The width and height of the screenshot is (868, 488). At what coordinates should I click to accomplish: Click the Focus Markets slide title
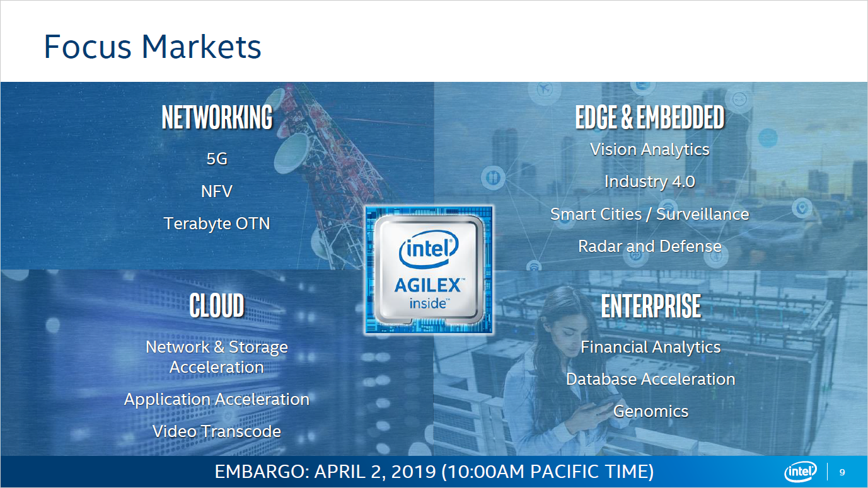pyautogui.click(x=152, y=47)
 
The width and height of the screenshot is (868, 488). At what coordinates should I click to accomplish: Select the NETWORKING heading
pyautogui.click(x=217, y=118)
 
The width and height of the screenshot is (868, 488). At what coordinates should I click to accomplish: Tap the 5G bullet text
pyautogui.click(x=217, y=159)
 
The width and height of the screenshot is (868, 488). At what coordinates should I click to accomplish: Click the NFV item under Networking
pyautogui.click(x=217, y=191)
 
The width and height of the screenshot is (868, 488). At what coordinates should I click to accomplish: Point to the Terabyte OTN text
pyautogui.click(x=217, y=224)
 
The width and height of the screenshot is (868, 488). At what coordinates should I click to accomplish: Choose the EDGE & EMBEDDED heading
pyautogui.click(x=650, y=118)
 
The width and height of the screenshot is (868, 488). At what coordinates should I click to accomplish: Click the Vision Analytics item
pyautogui.click(x=650, y=150)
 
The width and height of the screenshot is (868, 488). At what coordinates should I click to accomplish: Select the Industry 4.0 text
pyautogui.click(x=650, y=182)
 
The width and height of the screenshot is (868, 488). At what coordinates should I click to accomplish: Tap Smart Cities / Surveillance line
pyautogui.click(x=650, y=214)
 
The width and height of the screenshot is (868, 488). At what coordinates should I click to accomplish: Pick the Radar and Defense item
pyautogui.click(x=650, y=246)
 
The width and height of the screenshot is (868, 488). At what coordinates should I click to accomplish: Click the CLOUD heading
pyautogui.click(x=217, y=306)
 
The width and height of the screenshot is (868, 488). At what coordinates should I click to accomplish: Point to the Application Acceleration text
pyautogui.click(x=217, y=399)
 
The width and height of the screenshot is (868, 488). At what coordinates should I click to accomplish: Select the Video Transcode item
pyautogui.click(x=217, y=431)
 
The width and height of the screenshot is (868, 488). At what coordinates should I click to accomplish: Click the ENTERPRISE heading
pyautogui.click(x=651, y=306)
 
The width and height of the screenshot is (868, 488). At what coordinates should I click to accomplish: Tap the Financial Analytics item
pyautogui.click(x=651, y=347)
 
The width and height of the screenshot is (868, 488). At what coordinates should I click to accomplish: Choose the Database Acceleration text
pyautogui.click(x=651, y=379)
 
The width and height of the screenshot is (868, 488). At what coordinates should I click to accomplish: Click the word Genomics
pyautogui.click(x=651, y=411)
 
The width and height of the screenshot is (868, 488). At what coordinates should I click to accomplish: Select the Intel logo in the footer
pyautogui.click(x=801, y=472)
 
